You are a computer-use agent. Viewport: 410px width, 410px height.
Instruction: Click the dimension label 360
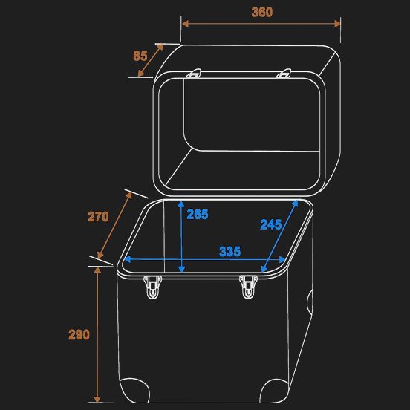[261, 13]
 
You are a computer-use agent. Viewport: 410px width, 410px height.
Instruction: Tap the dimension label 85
[140, 56]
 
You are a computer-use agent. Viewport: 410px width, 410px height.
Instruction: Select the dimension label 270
[98, 217]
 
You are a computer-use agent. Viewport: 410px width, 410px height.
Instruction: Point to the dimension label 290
[79, 335]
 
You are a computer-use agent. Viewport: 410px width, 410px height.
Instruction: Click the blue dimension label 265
[198, 215]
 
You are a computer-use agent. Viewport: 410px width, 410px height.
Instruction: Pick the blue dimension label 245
[270, 224]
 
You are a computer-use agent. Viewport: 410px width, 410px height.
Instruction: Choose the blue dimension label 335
[230, 252]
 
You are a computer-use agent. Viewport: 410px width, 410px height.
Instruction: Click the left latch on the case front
[153, 287]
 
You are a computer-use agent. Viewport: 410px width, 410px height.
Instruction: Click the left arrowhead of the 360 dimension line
[185, 23]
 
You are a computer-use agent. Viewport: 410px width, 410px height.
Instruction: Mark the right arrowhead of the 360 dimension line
[337, 23]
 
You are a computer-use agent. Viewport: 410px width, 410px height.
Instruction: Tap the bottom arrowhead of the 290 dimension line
[97, 399]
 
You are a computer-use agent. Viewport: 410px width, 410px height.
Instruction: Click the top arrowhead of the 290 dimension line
[97, 268]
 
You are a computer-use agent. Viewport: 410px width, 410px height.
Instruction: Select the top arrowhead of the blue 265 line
[181, 202]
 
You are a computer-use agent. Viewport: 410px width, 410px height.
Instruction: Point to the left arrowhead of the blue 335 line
[126, 260]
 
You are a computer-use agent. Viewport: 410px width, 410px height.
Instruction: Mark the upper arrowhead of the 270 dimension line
[131, 195]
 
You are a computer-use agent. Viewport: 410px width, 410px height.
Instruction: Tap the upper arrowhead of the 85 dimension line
[160, 47]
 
